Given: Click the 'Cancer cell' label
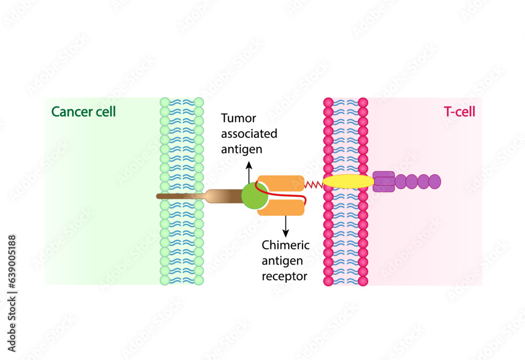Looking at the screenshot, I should click(x=83, y=112).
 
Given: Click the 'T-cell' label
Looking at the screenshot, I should click(x=459, y=112).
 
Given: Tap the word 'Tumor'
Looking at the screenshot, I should click(x=239, y=118).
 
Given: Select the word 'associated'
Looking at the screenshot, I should click(x=249, y=133).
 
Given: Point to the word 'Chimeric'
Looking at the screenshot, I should click(x=286, y=245).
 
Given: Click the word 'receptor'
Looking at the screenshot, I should click(x=285, y=276).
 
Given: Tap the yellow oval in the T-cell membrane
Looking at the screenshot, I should click(x=348, y=182).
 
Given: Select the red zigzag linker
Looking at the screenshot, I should click(x=313, y=184).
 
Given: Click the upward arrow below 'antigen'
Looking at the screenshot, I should click(x=249, y=171).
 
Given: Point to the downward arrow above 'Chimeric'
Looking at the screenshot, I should click(x=286, y=226).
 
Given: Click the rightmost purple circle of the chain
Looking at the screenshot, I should click(x=435, y=182).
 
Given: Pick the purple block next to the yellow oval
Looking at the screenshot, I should click(x=384, y=182).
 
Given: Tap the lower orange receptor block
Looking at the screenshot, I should click(x=281, y=209).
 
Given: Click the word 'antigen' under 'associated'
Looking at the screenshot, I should click(x=241, y=149).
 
